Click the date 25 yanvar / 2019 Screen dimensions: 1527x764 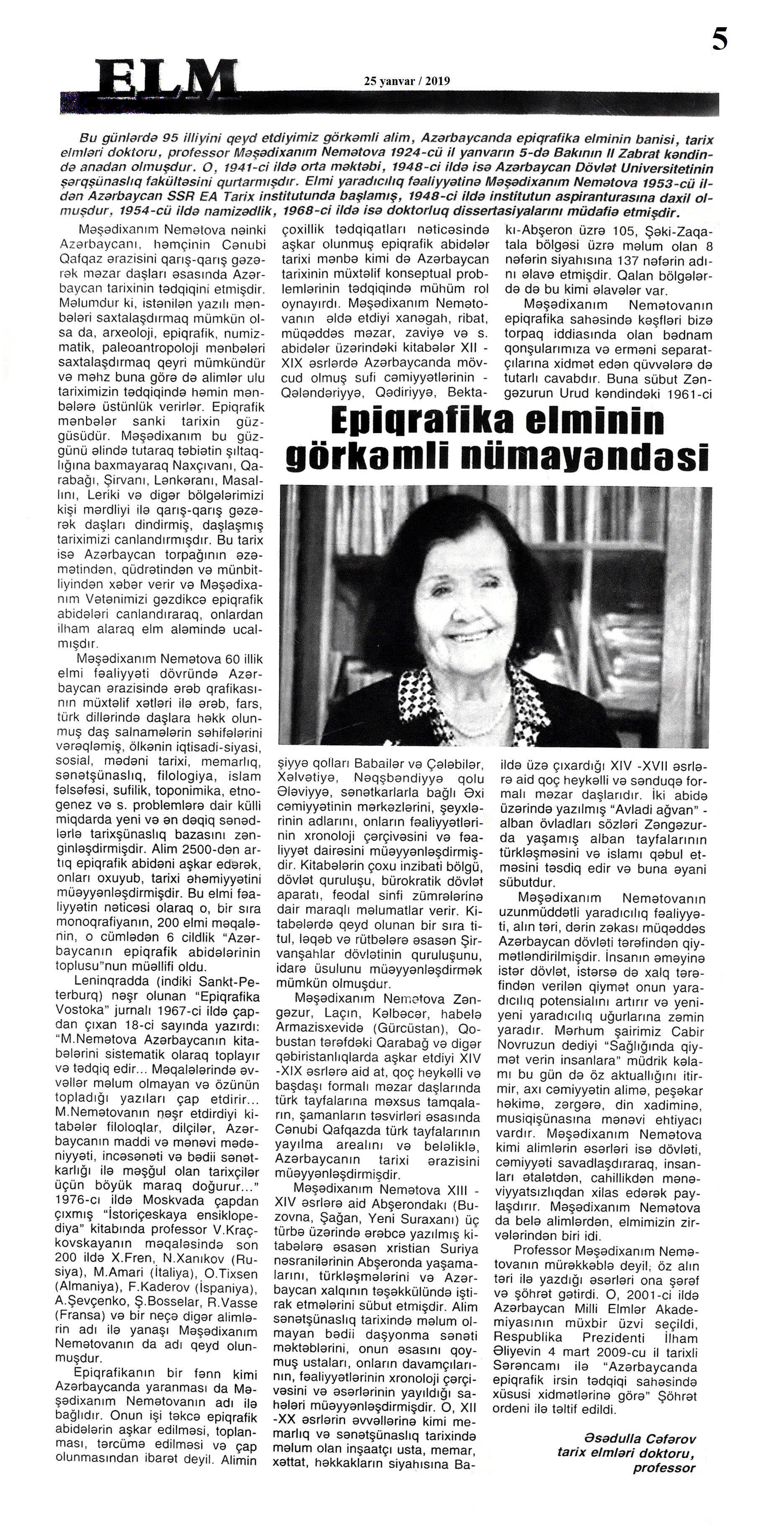pos(407,81)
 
